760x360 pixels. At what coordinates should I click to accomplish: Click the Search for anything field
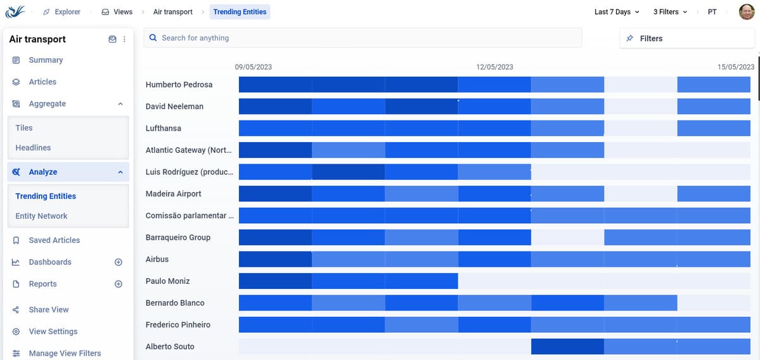tap(361, 38)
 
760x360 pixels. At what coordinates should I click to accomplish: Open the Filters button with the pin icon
tap(686, 39)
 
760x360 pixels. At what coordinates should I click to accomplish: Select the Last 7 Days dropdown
tap(616, 12)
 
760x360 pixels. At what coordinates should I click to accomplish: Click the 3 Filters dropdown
tap(670, 12)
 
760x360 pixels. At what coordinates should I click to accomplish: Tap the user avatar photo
tap(747, 12)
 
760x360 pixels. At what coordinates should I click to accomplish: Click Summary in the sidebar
tap(46, 60)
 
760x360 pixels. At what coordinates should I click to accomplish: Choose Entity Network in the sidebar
tap(41, 216)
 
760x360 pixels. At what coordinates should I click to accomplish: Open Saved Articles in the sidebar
tap(54, 240)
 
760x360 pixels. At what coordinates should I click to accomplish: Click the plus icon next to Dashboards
tap(118, 262)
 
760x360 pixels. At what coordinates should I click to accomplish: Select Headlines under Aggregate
tap(33, 148)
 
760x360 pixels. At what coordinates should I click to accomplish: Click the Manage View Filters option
tap(65, 353)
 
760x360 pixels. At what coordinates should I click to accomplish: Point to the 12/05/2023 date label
tap(494, 67)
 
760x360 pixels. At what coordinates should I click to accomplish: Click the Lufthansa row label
tap(164, 128)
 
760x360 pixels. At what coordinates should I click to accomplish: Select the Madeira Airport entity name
tap(174, 194)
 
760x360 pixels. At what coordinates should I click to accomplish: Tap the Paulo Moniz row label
tap(168, 281)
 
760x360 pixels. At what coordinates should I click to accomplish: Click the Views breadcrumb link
tap(117, 12)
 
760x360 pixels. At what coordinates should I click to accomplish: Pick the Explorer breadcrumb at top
tap(61, 12)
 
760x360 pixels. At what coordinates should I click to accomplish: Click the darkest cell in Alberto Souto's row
tap(567, 347)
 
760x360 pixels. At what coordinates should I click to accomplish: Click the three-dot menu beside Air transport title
tap(124, 39)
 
